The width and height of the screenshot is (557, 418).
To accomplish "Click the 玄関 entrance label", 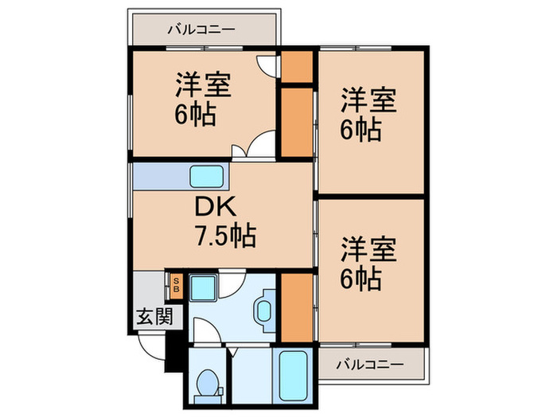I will pyautogui.click(x=154, y=316).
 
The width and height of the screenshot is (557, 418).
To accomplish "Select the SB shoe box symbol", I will pyautogui.click(x=177, y=284).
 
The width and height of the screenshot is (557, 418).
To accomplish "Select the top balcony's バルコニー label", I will pyautogui.click(x=201, y=30).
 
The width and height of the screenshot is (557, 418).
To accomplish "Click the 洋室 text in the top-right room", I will pyautogui.click(x=369, y=101).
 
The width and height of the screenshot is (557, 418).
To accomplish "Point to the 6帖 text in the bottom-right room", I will pyautogui.click(x=361, y=279).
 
